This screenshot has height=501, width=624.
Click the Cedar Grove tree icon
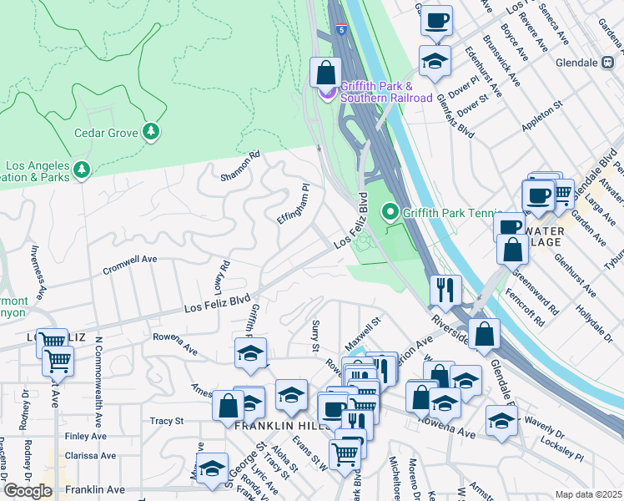click(x=151, y=132)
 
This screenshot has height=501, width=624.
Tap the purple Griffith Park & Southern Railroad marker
click(x=327, y=91)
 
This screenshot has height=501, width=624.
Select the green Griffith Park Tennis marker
click(x=390, y=212)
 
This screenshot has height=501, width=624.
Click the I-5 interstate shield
click(x=342, y=29)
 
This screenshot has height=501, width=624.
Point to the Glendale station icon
click(x=612, y=63)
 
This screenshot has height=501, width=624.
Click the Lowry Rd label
click(x=222, y=276)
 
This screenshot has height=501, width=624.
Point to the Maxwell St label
click(x=364, y=321)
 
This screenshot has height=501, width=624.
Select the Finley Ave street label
click(x=86, y=437)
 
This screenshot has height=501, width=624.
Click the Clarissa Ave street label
click(x=90, y=457)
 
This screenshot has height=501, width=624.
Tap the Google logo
click(x=28, y=491)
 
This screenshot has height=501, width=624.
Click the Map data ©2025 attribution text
click(x=587, y=494)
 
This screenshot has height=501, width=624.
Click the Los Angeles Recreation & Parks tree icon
click(x=81, y=170)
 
